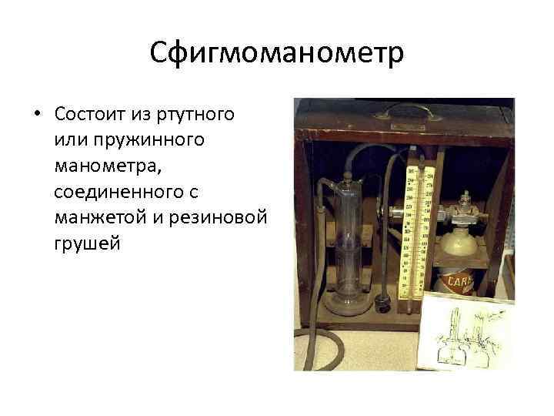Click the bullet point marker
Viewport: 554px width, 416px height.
(x=36, y=115)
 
